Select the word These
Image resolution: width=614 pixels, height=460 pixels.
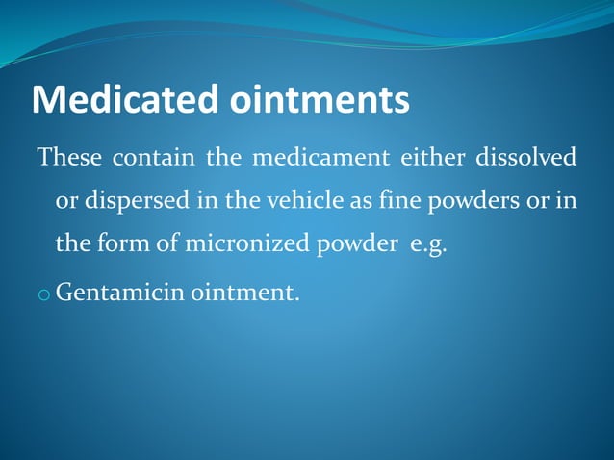tap(67, 157)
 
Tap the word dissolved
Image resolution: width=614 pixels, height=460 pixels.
tap(525, 157)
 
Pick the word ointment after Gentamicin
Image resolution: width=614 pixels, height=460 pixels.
tap(244, 290)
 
